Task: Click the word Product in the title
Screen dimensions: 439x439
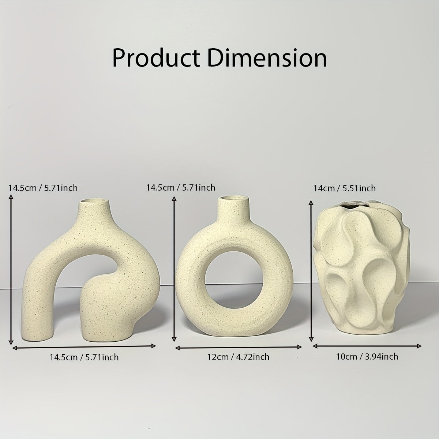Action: [156, 58]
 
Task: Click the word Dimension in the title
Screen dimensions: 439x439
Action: [267, 58]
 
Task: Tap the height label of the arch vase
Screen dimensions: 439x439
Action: [43, 188]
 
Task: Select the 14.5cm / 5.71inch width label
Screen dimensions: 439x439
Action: [84, 357]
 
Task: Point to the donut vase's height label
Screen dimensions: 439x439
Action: [181, 188]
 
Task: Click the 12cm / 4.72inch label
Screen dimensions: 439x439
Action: [238, 357]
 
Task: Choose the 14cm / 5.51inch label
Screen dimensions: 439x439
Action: [345, 188]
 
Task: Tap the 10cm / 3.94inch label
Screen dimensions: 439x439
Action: [367, 356]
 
